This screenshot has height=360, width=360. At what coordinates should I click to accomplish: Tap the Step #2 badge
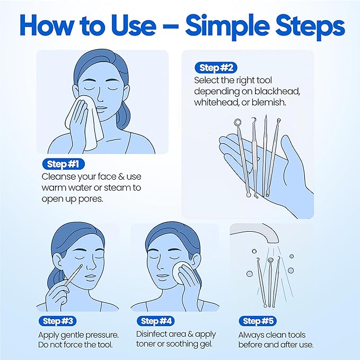pyautogui.click(x=216, y=68)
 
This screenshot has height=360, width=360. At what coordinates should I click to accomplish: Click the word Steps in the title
pyautogui.click(x=305, y=25)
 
